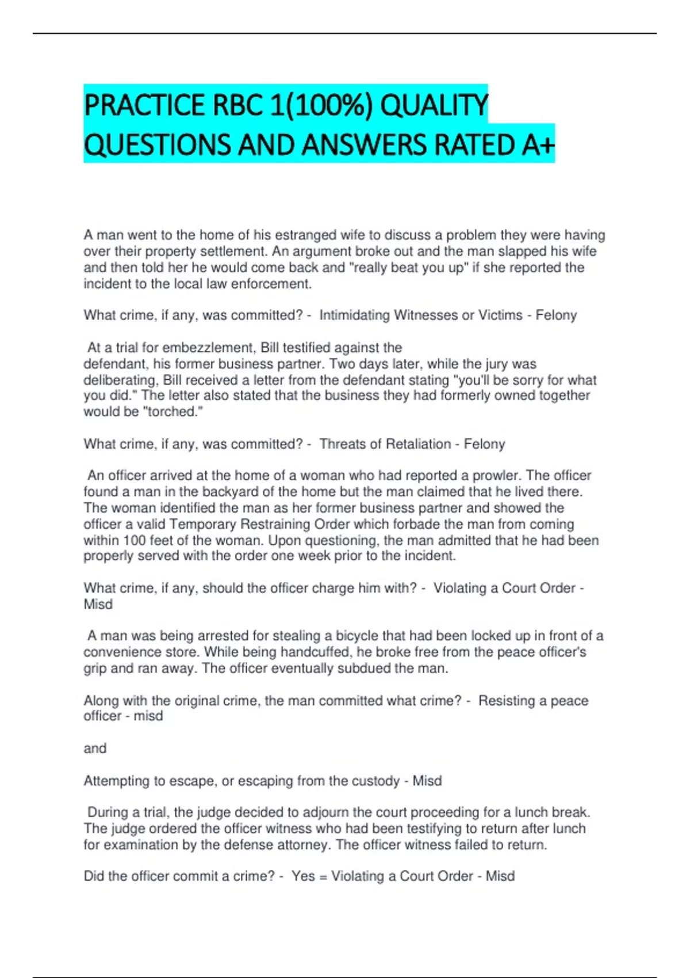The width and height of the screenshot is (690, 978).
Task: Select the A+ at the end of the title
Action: tap(538, 144)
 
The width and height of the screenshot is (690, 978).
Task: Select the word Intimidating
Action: tap(354, 315)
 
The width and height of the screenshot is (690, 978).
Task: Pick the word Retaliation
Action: tap(418, 444)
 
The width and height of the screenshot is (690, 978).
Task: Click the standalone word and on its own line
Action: tap(95, 748)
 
